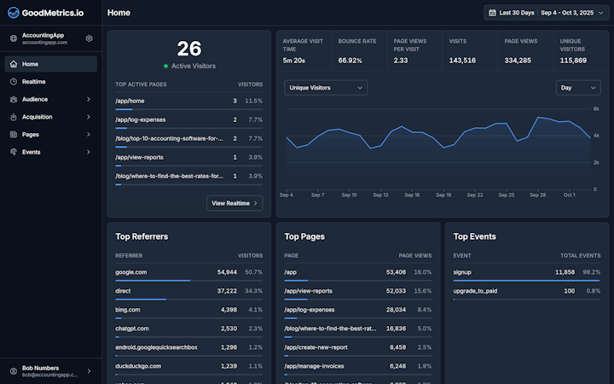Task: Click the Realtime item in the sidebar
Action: [34, 82]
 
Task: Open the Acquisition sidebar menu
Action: [38, 117]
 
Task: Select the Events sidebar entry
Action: [32, 152]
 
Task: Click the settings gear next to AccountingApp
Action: [89, 38]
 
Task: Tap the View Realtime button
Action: [235, 203]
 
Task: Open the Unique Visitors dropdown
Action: [326, 87]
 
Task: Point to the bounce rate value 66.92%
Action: [350, 61]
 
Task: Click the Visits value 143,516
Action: [462, 61]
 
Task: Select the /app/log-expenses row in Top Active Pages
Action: [140, 119]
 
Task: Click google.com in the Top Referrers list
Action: [131, 272]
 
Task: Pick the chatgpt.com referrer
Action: [132, 329]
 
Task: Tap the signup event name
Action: [464, 272]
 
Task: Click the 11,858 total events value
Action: [565, 272]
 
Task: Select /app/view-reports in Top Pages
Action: [308, 291]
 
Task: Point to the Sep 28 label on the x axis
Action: [537, 195]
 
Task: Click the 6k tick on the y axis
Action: [597, 109]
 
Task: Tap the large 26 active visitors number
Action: [189, 49]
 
